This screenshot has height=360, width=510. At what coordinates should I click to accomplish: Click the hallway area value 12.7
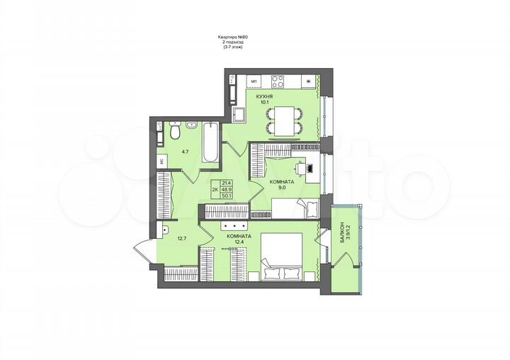[181, 238]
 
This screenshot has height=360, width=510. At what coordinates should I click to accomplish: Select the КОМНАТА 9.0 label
[281, 185]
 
